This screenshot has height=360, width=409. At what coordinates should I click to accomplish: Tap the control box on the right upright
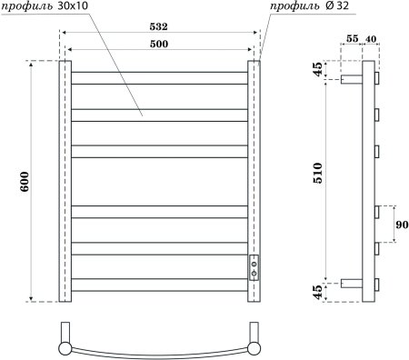pos(255,265)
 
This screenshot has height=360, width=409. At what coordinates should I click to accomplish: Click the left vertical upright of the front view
pos(65,181)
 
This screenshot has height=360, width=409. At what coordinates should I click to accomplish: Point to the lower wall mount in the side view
pos(353,283)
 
